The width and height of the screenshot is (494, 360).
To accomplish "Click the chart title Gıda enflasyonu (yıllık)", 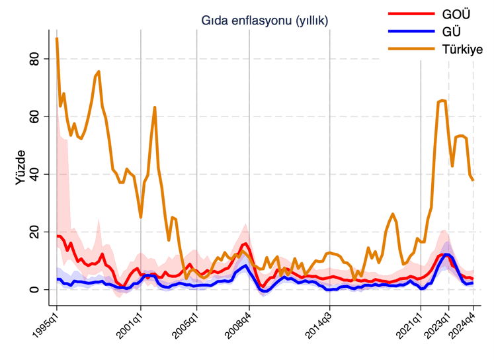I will [265, 22].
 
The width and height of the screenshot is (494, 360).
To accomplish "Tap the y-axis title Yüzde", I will [21, 167].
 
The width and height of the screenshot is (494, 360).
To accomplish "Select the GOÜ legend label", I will [456, 15].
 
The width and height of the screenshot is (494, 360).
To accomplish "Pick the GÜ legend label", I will [452, 32].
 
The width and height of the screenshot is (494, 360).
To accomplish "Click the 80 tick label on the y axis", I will [38, 60].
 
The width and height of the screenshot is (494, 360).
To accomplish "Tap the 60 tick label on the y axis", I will [38, 117].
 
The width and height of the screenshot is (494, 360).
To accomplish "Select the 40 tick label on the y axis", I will [38, 175].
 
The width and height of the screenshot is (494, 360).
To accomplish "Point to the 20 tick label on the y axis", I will [38, 232].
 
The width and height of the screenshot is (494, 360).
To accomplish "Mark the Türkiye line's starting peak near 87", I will [57, 39].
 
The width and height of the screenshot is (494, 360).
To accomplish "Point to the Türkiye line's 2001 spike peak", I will [155, 107].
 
